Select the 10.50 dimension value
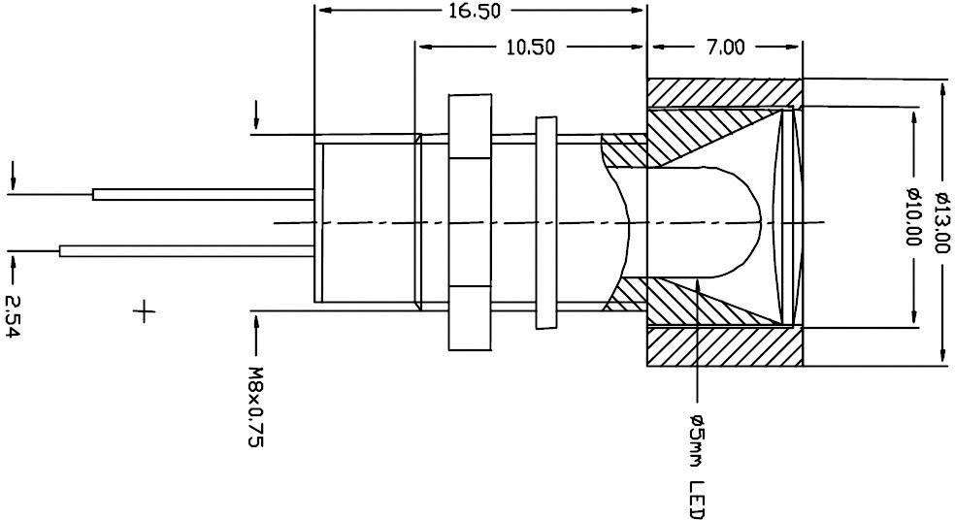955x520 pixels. pos(530,47)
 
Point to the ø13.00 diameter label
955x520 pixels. pos(941,222)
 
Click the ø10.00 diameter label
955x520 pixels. pos(912,217)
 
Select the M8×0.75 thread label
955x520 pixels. pos(256,406)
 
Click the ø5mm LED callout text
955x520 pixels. pos(697,466)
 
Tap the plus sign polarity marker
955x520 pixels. pos(144,312)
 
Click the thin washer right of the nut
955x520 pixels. pos(547,222)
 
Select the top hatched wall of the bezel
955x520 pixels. pos(723,93)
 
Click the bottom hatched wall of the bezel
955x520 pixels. pos(723,347)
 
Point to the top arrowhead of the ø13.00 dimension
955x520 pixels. pos(941,85)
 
